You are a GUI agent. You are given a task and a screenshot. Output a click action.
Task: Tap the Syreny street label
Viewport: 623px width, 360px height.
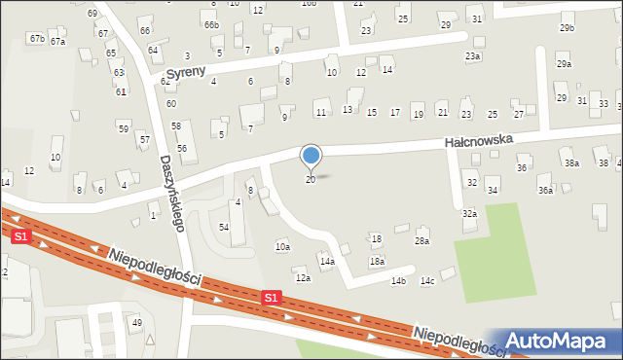tap(186, 74)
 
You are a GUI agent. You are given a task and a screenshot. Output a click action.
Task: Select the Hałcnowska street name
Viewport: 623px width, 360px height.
tap(478, 141)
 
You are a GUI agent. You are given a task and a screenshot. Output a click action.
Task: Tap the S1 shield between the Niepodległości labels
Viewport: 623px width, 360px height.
tap(273, 297)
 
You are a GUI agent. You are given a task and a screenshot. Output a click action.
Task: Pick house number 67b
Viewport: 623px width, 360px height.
tap(37, 38)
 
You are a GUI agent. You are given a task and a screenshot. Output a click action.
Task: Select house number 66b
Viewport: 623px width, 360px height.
tap(211, 24)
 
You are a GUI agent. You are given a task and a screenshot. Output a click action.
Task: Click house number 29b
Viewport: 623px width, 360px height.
tap(567, 28)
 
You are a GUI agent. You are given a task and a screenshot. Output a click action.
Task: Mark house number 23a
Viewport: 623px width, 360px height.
tap(472, 56)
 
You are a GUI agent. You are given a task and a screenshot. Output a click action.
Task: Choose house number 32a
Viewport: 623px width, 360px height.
tap(469, 213)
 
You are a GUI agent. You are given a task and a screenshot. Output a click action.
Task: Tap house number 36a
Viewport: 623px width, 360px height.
tap(545, 191)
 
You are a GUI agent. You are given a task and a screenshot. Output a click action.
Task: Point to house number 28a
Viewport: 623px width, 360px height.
tap(421, 240)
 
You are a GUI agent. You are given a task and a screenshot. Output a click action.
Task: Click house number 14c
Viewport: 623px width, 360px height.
tap(426, 281)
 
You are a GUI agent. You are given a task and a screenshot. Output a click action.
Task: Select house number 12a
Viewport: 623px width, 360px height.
tap(303, 278)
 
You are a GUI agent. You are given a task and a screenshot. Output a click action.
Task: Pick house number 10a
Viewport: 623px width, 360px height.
tap(281, 247)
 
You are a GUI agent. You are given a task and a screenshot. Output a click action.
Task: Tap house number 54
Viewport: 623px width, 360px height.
tap(224, 227)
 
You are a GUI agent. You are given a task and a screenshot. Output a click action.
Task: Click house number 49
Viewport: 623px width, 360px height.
tap(137, 322)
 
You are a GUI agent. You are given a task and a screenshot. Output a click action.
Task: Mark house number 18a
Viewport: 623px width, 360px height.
tap(377, 262)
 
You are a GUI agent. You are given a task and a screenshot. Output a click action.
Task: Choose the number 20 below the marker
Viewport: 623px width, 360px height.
tap(311, 180)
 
